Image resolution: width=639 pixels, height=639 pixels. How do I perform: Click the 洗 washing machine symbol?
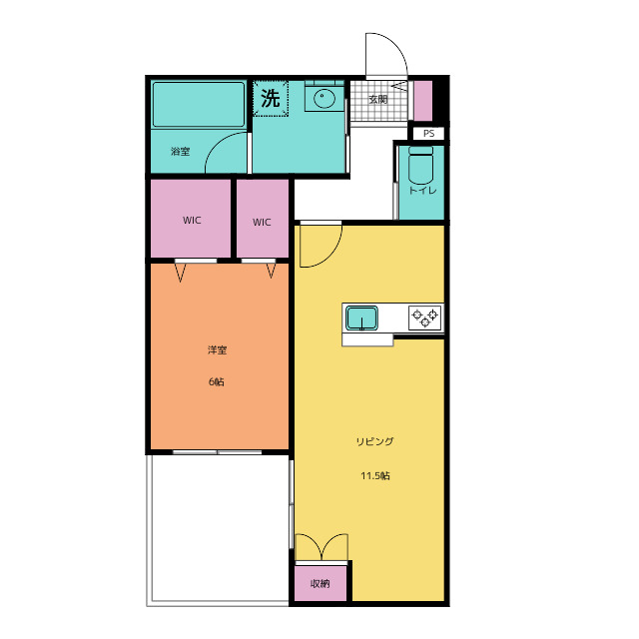tap(271, 98)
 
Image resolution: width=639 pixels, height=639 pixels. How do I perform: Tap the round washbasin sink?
tap(323, 98)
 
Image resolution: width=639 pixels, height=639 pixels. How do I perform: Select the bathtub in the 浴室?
tap(199, 104)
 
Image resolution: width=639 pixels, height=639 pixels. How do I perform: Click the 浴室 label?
tap(180, 151)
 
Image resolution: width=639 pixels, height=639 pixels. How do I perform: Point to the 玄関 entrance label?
tap(377, 99)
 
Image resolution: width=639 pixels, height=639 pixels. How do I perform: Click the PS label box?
tap(428, 133)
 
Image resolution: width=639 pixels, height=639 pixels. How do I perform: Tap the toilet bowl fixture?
tap(420, 165)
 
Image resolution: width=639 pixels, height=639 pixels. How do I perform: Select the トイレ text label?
tap(422, 191)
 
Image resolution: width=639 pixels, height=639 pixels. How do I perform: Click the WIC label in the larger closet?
tap(192, 221)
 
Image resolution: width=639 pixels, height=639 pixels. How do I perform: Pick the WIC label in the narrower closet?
tap(262, 222)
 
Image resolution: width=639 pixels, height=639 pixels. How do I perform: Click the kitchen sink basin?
tap(361, 318)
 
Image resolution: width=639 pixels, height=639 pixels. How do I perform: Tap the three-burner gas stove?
tap(424, 318)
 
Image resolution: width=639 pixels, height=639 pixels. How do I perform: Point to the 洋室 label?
tap(217, 349)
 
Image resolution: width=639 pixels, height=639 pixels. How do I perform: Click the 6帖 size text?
tap(217, 381)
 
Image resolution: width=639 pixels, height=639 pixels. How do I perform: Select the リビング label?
tap(375, 441)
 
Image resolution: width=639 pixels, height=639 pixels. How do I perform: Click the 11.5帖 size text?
tap(375, 475)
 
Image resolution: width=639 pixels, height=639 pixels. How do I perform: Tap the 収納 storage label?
tap(319, 583)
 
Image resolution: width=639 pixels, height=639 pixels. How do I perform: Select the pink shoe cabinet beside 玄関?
tap(423, 101)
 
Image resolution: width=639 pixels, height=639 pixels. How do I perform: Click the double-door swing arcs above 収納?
tap(321, 546)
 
